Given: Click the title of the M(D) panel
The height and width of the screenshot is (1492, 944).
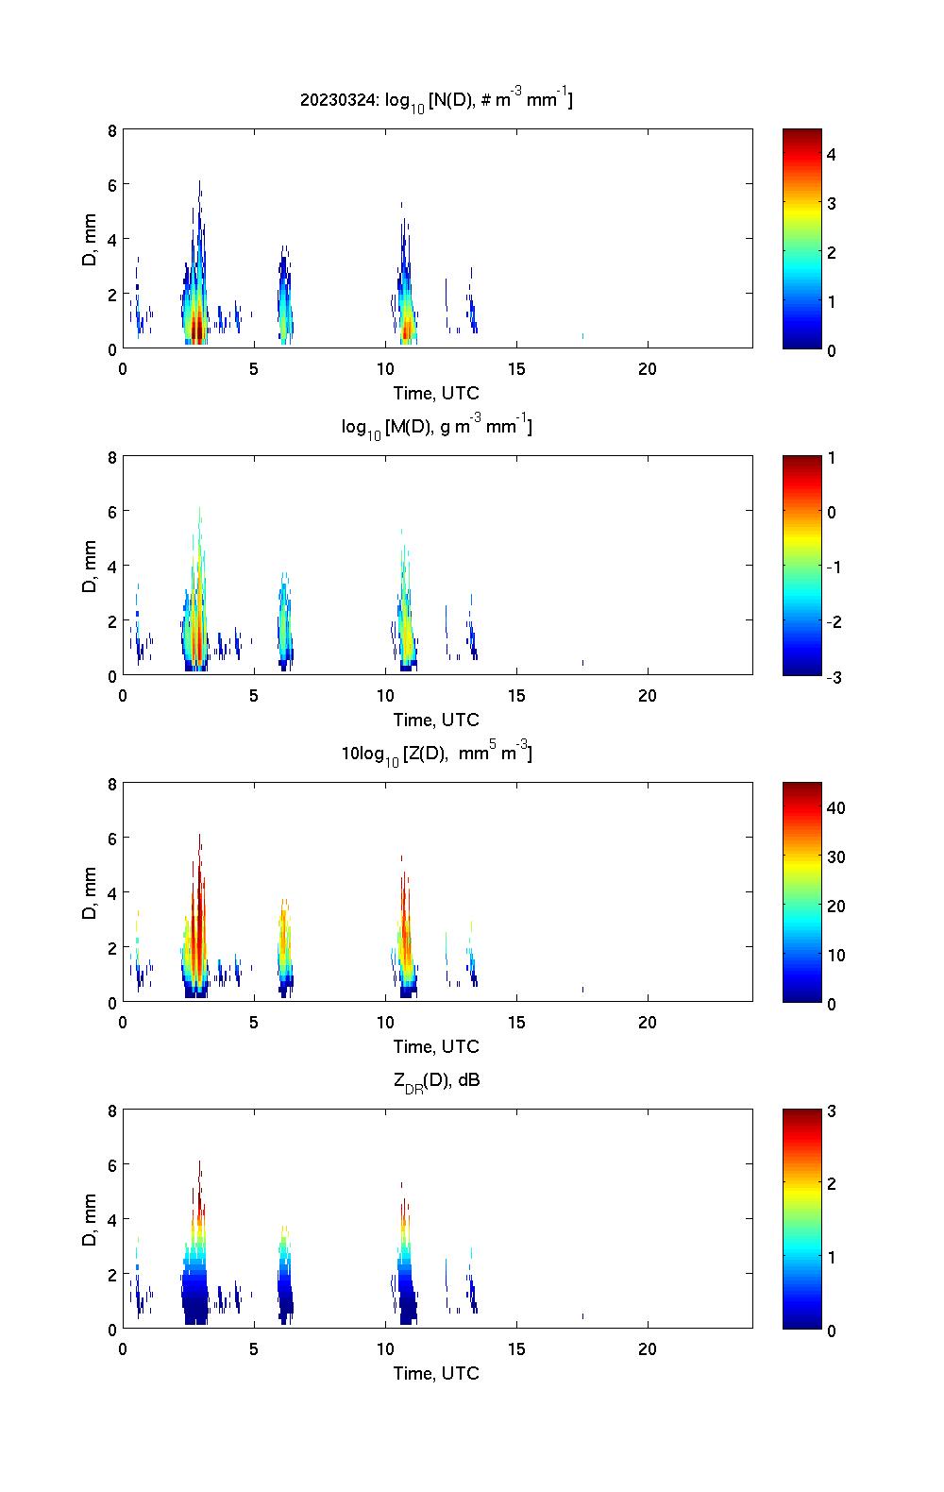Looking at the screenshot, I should click(x=436, y=427).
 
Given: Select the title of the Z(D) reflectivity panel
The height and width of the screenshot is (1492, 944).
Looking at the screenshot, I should click(x=436, y=754).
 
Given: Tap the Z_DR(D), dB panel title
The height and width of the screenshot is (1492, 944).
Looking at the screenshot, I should click(x=436, y=1080).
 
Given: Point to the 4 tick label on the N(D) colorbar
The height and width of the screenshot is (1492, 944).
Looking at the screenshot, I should click(x=832, y=154).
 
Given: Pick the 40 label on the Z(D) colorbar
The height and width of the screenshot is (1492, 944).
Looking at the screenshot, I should click(x=835, y=807).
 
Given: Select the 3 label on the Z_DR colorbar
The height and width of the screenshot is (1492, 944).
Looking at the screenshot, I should click(x=832, y=1111).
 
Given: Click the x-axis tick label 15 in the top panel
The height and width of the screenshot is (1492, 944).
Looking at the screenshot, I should click(x=516, y=369).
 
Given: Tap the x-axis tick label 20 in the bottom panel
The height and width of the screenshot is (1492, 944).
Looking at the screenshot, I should click(x=648, y=1349).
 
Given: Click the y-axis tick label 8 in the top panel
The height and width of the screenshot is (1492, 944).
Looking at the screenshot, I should click(x=112, y=130).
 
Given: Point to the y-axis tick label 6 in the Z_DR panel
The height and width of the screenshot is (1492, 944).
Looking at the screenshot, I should click(x=112, y=1165).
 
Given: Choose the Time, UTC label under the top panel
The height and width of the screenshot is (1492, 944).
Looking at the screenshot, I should click(x=436, y=393).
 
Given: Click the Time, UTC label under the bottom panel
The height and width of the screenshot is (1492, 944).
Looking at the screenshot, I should click(x=436, y=1373).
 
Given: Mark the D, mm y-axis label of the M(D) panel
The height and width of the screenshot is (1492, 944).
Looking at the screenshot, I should click(x=91, y=567).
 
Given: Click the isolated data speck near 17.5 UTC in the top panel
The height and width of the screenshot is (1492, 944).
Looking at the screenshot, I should click(x=582, y=336).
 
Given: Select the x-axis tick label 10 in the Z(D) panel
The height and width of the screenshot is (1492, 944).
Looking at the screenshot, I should click(x=385, y=1023).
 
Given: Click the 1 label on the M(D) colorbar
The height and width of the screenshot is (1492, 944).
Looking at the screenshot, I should click(x=832, y=458).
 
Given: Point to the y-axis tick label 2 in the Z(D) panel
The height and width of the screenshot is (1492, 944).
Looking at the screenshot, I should click(x=112, y=947).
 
